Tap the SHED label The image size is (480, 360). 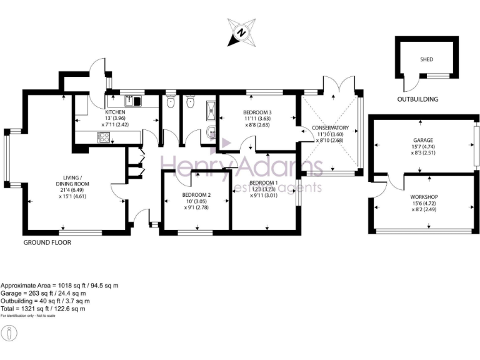(426, 60)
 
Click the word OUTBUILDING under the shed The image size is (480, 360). (418, 99)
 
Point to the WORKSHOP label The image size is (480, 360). (422, 197)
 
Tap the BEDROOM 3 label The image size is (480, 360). (256, 112)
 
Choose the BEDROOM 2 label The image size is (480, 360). (196, 195)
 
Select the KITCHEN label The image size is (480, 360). (115, 94)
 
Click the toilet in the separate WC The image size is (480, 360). (171, 101)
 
